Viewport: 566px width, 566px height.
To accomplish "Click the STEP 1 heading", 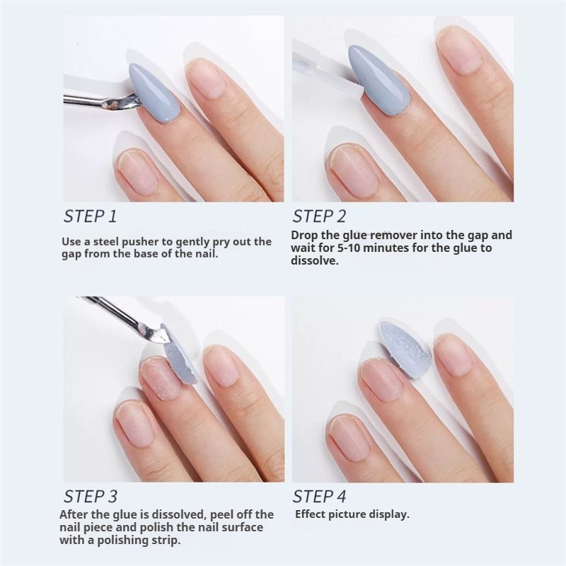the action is pos(91,216).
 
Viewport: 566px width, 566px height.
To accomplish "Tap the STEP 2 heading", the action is pos(319,216).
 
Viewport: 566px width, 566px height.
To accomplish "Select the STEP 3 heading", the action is pos(91,497).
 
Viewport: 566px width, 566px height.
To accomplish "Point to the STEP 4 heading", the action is pos(319,497).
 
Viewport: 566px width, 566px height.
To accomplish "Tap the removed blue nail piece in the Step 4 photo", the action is pos(405,349).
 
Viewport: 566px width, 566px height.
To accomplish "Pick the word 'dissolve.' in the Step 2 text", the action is pos(315,260).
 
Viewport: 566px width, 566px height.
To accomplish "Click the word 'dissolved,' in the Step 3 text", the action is pos(178,514).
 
